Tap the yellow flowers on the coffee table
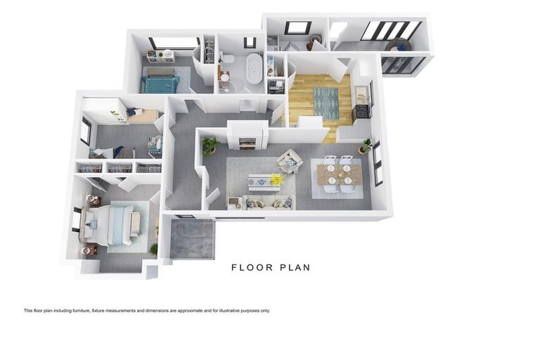click(276, 180)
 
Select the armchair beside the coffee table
click(289, 161)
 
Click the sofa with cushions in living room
click(268, 202)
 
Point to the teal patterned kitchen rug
click(326, 103)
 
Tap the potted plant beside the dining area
click(365, 146)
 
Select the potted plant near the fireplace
click(210, 145)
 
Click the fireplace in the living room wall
click(247, 143)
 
